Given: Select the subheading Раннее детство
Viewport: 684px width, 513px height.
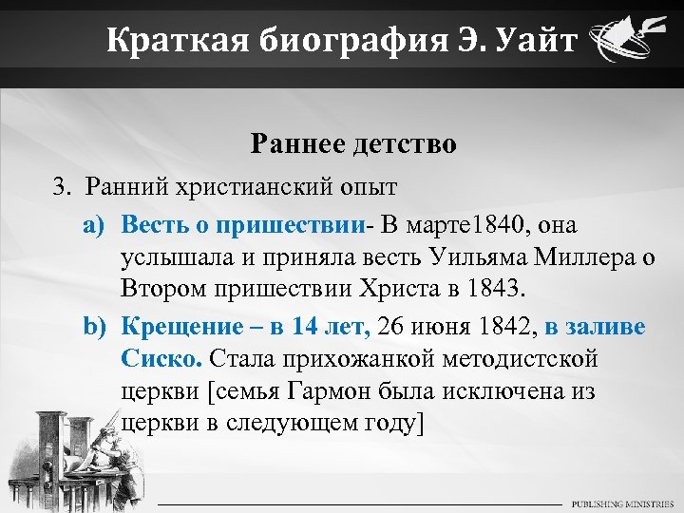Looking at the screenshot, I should [353, 144].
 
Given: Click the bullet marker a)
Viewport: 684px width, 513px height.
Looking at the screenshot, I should [92, 226].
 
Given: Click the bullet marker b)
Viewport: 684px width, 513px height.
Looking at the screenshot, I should [92, 328].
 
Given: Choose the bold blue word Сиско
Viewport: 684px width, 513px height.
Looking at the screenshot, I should [161, 359].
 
